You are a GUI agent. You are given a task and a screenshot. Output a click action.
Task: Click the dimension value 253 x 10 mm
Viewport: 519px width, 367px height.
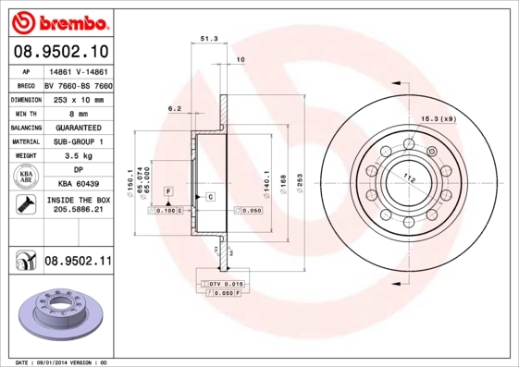pyautogui.click(x=77, y=97)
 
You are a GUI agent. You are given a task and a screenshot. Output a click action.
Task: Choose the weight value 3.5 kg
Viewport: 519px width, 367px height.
pyautogui.click(x=78, y=156)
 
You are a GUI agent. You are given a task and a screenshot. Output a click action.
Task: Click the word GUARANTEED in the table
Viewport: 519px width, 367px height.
pyautogui.click(x=78, y=127)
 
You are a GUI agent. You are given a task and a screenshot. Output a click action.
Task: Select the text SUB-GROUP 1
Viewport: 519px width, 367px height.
pyautogui.click(x=78, y=141)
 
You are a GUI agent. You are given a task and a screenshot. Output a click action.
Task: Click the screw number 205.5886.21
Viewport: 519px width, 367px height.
pyautogui.click(x=78, y=212)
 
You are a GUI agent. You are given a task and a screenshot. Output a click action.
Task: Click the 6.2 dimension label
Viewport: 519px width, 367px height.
pyautogui.click(x=174, y=108)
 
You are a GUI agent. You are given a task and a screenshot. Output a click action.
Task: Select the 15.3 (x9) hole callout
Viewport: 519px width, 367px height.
pyautogui.click(x=439, y=118)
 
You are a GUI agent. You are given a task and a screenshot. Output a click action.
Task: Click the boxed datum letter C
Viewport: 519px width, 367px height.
pyautogui.click(x=211, y=197)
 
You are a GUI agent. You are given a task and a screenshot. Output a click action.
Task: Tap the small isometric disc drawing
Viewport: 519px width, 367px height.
pyautogui.click(x=59, y=312)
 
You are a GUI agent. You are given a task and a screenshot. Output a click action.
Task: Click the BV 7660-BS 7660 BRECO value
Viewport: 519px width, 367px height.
pyautogui.click(x=78, y=82)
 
